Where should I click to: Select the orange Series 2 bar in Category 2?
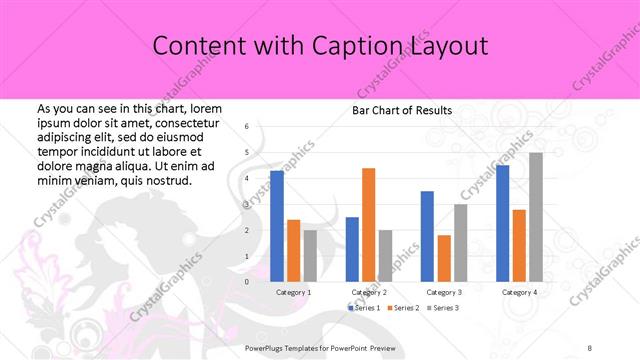pyautogui.click(x=368, y=225)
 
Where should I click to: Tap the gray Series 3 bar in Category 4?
pyautogui.click(x=536, y=217)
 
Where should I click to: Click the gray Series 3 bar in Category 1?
pyautogui.click(x=310, y=256)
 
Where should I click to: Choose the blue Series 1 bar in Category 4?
pyautogui.click(x=502, y=223)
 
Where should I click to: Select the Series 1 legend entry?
pyautogui.click(x=365, y=308)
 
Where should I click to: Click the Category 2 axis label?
pyautogui.click(x=369, y=292)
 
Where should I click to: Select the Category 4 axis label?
pyautogui.click(x=520, y=292)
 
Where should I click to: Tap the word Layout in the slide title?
pyautogui.click(x=449, y=46)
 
